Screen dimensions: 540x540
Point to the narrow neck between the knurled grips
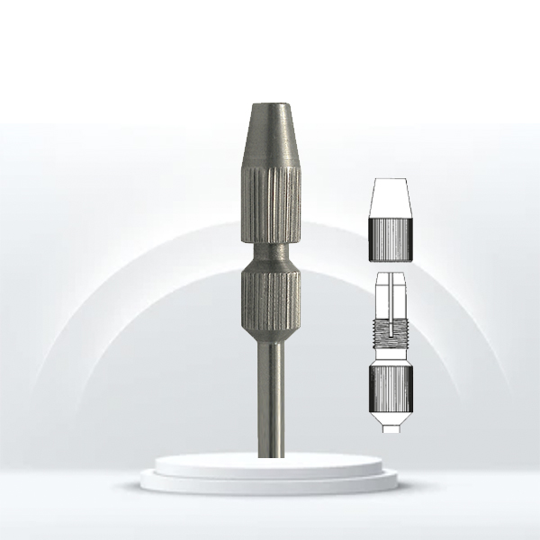268,255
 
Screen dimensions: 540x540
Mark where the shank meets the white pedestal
268,455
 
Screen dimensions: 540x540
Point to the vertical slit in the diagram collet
390,292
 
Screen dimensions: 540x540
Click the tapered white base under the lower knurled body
390,416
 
